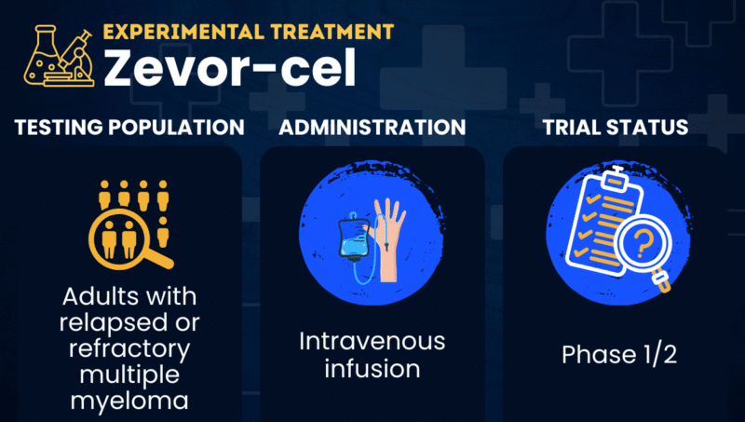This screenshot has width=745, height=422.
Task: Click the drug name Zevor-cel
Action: tap(229, 70)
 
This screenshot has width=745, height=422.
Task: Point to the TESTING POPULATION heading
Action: tap(129, 127)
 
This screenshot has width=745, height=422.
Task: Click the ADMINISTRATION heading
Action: tap(372, 127)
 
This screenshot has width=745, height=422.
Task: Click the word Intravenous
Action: tap(372, 341)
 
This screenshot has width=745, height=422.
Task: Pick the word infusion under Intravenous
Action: tap(372, 369)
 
